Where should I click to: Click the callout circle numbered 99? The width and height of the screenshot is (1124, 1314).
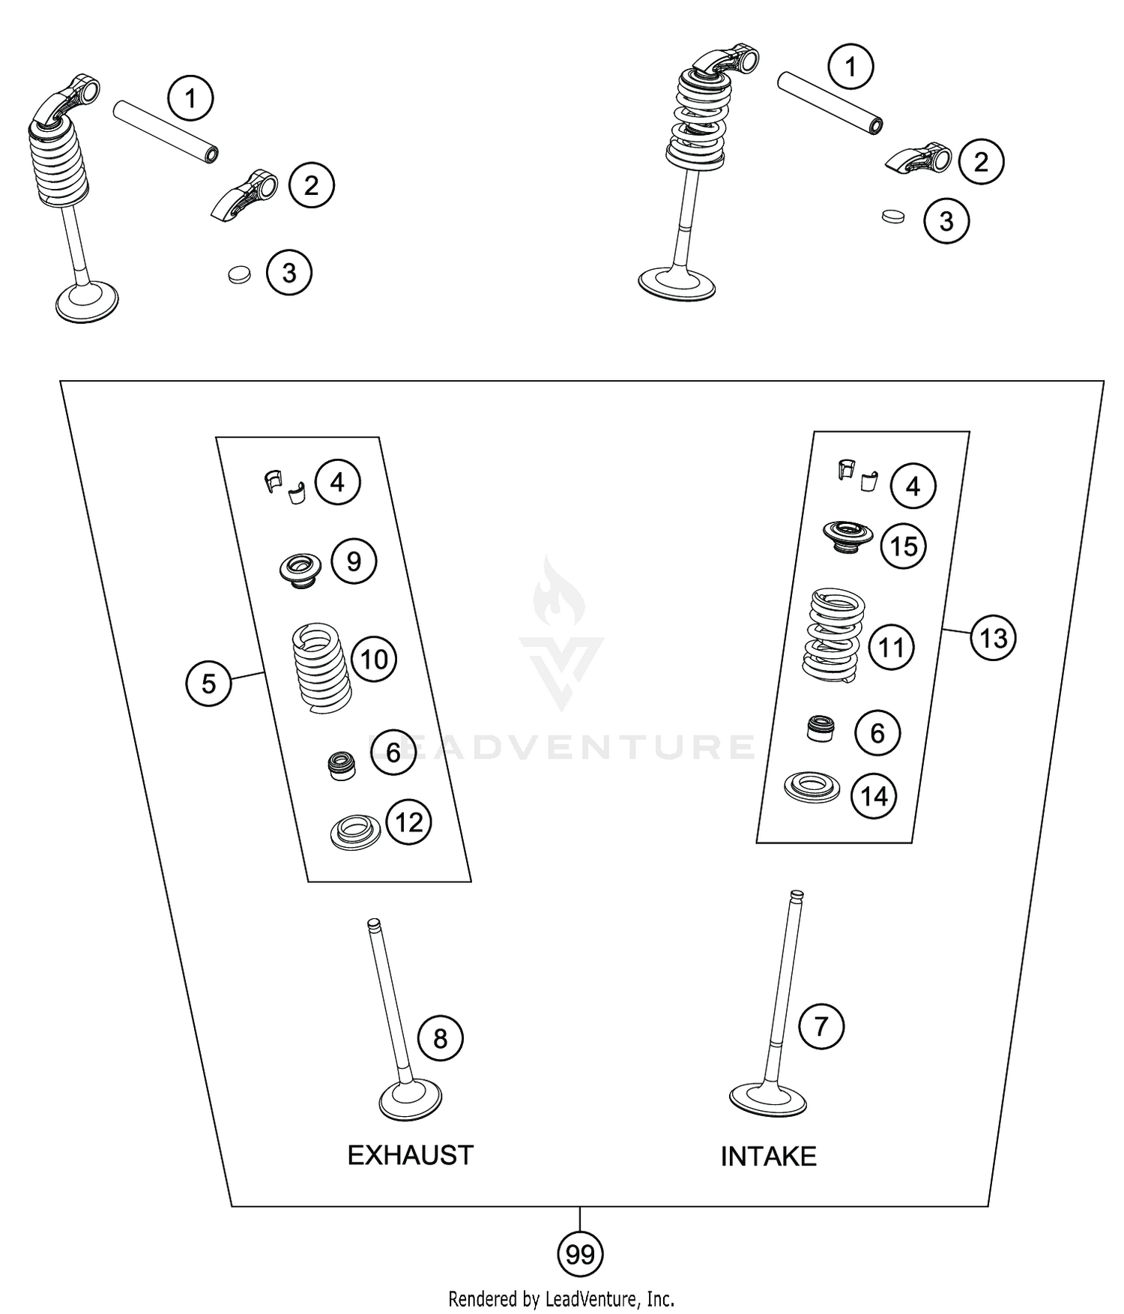[x=580, y=1253]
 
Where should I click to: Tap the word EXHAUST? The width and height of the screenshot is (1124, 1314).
[x=410, y=1155]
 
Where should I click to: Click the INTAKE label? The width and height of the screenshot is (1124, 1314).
[x=768, y=1157]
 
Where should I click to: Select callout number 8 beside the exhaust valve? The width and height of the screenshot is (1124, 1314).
[x=440, y=1038]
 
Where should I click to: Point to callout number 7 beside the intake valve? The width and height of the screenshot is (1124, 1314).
[x=821, y=1025]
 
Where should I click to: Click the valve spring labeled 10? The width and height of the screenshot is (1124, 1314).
[x=321, y=667]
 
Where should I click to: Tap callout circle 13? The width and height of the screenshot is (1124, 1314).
[x=993, y=638]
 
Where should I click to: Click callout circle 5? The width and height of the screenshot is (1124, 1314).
[x=208, y=683]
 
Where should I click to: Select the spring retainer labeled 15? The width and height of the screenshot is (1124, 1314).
[x=848, y=537]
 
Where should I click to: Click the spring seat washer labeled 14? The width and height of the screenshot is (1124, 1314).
[x=812, y=787]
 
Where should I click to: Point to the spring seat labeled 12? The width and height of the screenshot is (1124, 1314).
[x=355, y=833]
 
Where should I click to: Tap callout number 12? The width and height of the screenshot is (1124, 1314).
[x=408, y=822]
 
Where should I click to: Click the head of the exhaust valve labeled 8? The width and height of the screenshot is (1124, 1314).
[x=410, y=1099]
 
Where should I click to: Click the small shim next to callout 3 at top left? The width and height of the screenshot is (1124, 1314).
[x=239, y=274]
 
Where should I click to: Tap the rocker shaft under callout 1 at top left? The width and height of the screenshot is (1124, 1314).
[x=166, y=131]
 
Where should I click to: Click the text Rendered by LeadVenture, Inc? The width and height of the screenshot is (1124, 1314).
[x=561, y=1298]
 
